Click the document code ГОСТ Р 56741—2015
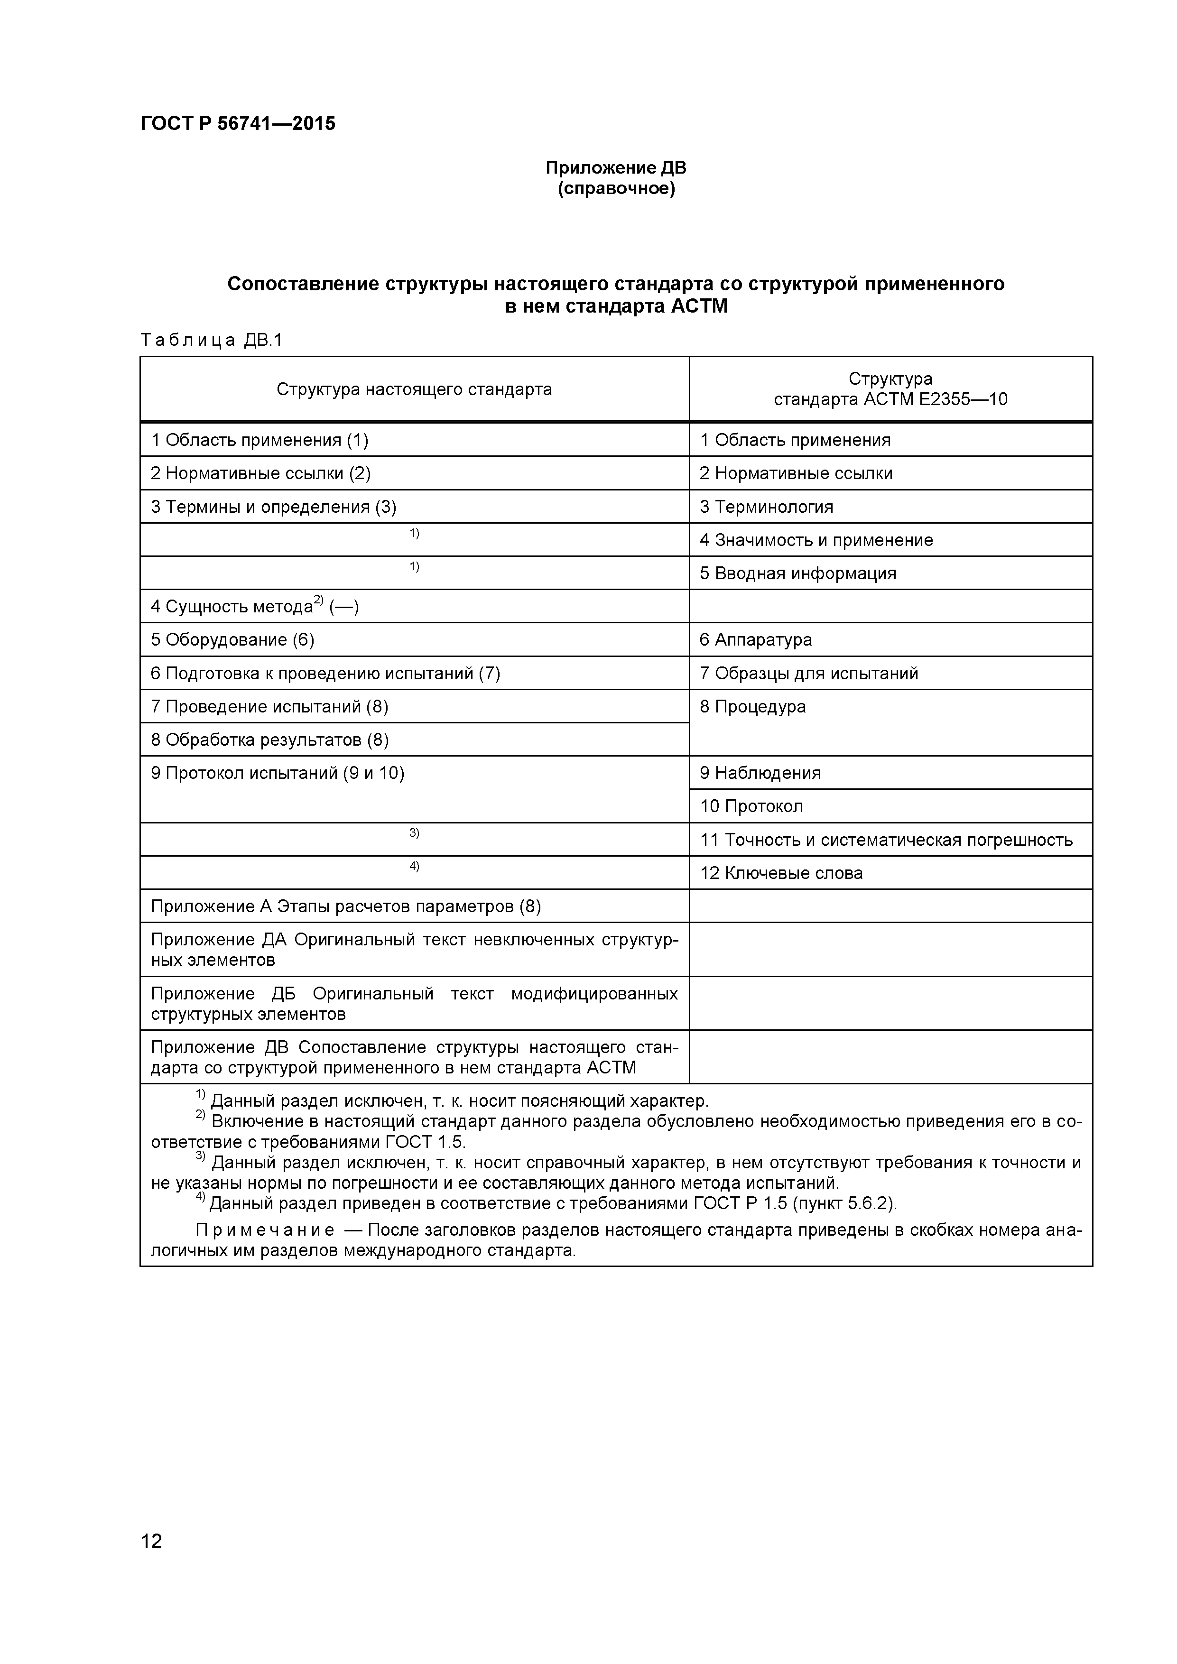[x=238, y=124]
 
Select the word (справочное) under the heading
[x=616, y=189]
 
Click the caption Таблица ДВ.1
[x=210, y=340]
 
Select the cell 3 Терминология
[x=766, y=507]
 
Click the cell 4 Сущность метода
[x=254, y=607]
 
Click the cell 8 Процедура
[x=752, y=707]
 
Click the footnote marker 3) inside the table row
[x=414, y=833]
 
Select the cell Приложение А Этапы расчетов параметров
[x=346, y=906]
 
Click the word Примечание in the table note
[x=265, y=1230]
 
